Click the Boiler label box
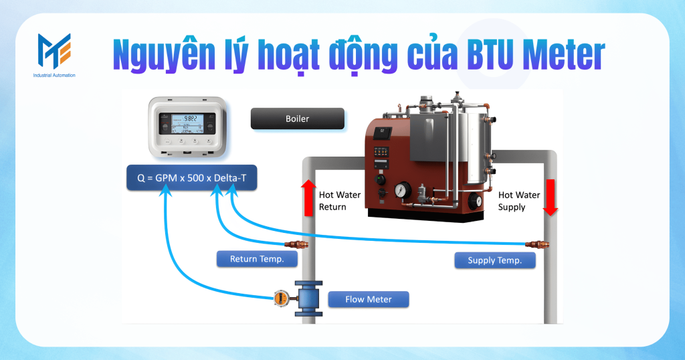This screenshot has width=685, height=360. pyautogui.click(x=297, y=119)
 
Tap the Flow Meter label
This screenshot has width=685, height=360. pyautogui.click(x=368, y=299)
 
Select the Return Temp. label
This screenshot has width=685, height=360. pyautogui.click(x=257, y=259)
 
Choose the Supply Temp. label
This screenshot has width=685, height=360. pyautogui.click(x=495, y=260)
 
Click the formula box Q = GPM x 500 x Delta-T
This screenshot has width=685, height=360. pyautogui.click(x=191, y=179)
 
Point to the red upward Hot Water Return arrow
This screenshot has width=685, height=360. pyautogui.click(x=308, y=197)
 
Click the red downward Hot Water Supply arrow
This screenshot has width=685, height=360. pyautogui.click(x=550, y=197)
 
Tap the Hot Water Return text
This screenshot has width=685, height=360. pyautogui.click(x=339, y=201)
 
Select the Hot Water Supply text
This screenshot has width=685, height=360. pyautogui.click(x=519, y=201)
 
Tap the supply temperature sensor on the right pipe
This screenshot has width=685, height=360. pyautogui.click(x=535, y=244)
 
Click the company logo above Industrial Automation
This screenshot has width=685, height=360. pyautogui.click(x=54, y=51)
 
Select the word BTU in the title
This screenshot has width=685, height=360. pyautogui.click(x=488, y=53)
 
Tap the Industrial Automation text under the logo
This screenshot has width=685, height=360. pyautogui.click(x=54, y=76)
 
